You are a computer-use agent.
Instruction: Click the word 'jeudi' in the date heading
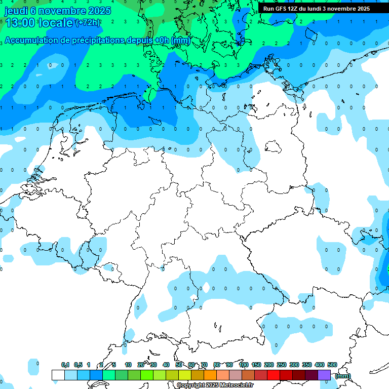coord(16,10)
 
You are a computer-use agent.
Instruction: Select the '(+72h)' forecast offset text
coord(88,23)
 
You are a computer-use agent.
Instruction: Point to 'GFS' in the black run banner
coord(282,9)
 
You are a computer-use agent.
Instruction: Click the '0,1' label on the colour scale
coord(65,365)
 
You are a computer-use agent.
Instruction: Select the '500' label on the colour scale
coord(332,365)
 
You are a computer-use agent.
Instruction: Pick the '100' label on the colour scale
coord(244,365)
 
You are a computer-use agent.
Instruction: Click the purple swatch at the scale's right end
coord(324,375)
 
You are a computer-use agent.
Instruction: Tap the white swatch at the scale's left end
coord(58,375)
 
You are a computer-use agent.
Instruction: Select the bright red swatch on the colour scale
coord(274,375)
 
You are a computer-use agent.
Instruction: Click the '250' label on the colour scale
coord(282,365)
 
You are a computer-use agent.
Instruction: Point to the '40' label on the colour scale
coord(166,365)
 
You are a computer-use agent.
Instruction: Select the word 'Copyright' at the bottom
coord(190,385)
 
